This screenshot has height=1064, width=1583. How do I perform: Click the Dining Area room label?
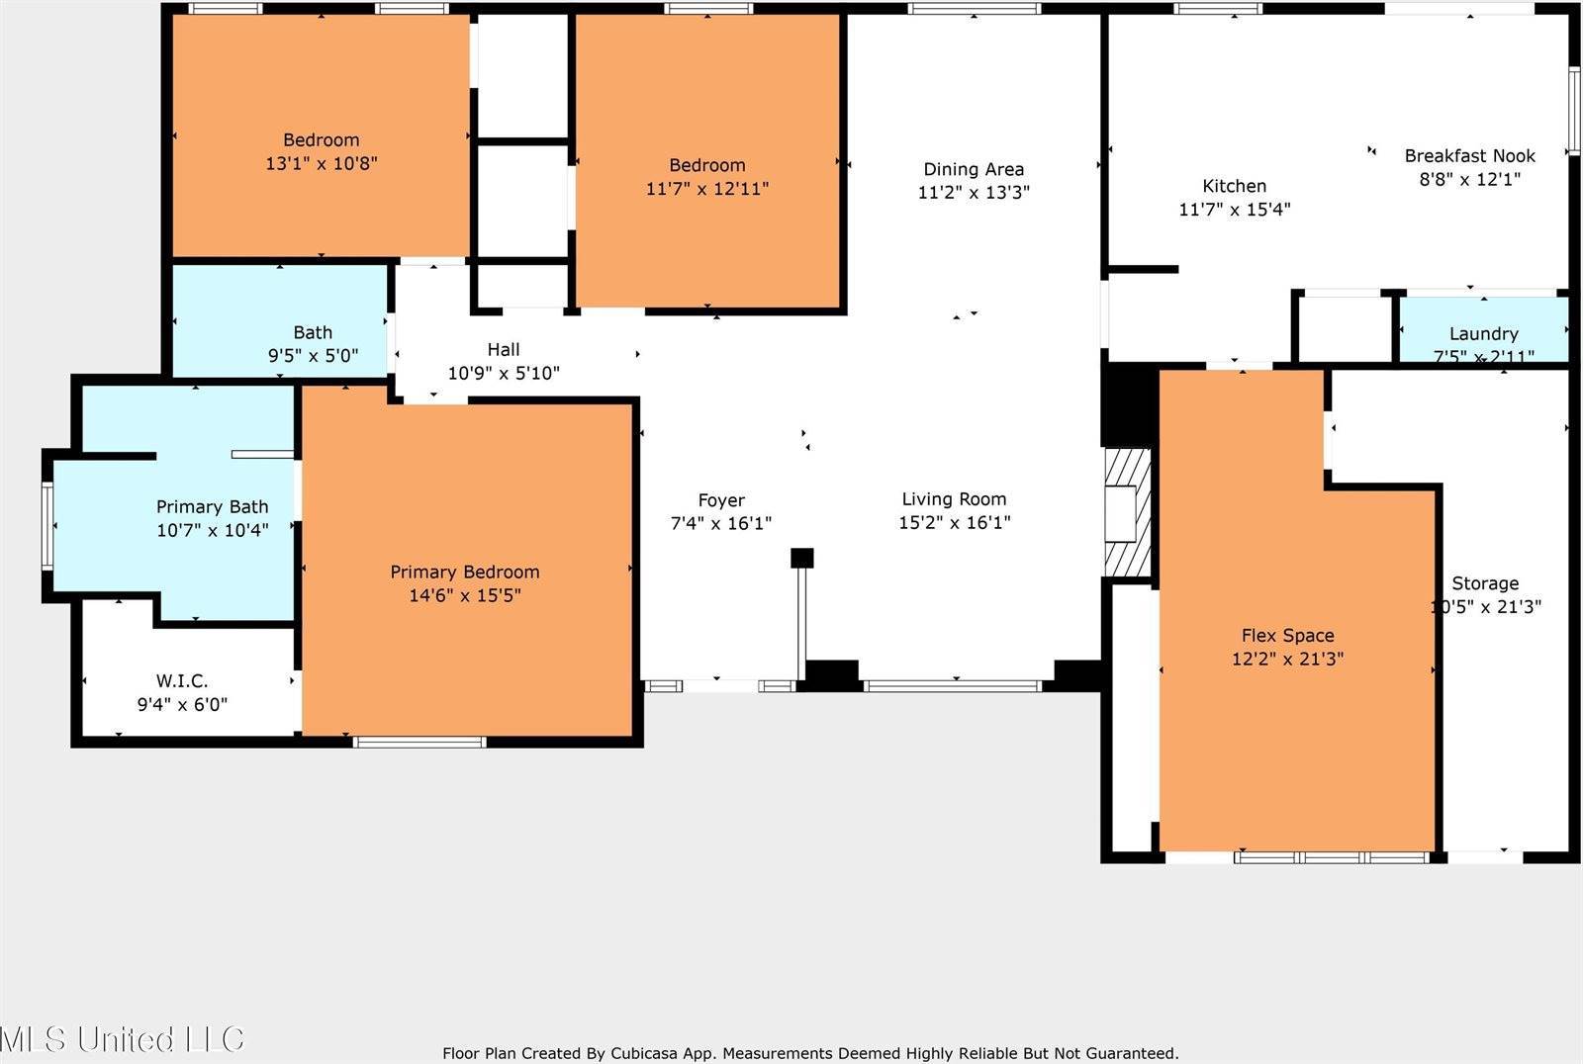(x=974, y=169)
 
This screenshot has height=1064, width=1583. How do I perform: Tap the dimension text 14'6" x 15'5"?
(x=464, y=595)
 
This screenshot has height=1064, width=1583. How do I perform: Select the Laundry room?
(x=1483, y=333)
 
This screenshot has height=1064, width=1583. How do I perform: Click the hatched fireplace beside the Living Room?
(x=1128, y=512)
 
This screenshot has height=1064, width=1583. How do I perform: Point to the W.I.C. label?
(x=182, y=680)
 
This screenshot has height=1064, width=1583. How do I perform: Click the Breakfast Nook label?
(x=1469, y=155)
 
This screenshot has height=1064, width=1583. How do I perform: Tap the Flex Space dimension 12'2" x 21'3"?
(x=1287, y=659)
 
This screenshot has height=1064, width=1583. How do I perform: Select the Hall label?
(x=503, y=349)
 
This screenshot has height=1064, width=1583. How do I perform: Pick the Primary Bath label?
(x=212, y=506)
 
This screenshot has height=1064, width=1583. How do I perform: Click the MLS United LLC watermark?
(x=122, y=1039)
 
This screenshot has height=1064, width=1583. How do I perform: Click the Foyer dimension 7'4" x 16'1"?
(x=720, y=523)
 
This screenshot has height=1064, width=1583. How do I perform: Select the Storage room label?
(x=1485, y=583)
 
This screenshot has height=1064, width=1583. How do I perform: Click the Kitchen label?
(x=1234, y=186)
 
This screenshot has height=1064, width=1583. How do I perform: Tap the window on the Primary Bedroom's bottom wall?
(x=419, y=742)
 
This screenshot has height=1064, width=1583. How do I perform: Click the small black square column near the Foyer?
(x=801, y=558)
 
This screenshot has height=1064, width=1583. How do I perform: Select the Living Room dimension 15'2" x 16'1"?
(x=954, y=523)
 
